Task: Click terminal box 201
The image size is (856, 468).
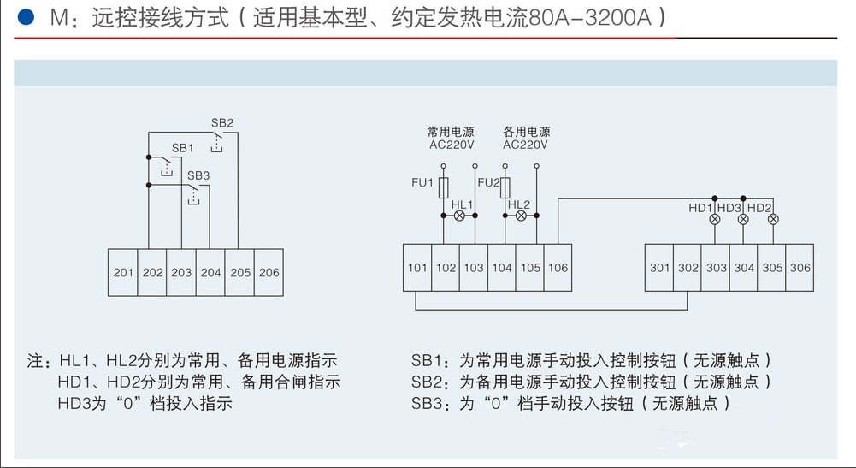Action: pyautogui.click(x=123, y=272)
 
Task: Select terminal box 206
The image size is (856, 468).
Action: pyautogui.click(x=269, y=272)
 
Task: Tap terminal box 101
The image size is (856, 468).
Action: pyautogui.click(x=417, y=268)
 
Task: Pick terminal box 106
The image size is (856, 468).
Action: pyautogui.click(x=558, y=268)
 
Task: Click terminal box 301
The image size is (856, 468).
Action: pyautogui.click(x=659, y=268)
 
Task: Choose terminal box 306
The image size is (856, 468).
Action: pyautogui.click(x=800, y=268)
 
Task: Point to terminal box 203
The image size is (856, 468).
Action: pyautogui.click(x=181, y=272)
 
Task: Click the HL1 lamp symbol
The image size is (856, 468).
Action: pyautogui.click(x=459, y=216)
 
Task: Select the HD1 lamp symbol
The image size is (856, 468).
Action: pyautogui.click(x=716, y=219)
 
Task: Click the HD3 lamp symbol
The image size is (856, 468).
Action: pyautogui.click(x=743, y=219)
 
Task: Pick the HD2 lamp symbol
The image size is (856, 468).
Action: pyautogui.click(x=773, y=219)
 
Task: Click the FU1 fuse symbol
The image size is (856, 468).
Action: pyautogui.click(x=444, y=187)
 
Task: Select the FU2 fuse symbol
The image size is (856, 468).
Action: pyautogui.click(x=506, y=187)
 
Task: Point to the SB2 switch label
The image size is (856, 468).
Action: pyautogui.click(x=222, y=122)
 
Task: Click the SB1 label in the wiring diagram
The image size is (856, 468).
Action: pyautogui.click(x=183, y=148)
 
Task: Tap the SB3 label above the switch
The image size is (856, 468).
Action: pyautogui.click(x=198, y=175)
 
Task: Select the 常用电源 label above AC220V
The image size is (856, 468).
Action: pyautogui.click(x=451, y=133)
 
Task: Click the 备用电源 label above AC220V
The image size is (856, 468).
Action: pyautogui.click(x=526, y=133)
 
